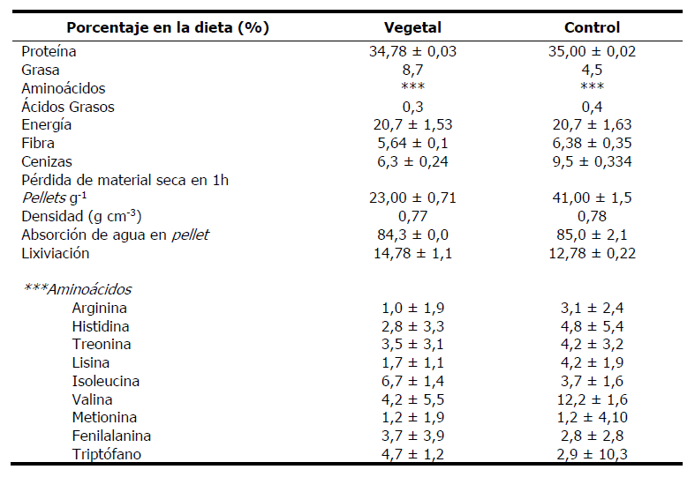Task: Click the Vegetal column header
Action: [412, 27]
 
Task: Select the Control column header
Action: [591, 27]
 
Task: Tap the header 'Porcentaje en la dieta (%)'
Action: [168, 27]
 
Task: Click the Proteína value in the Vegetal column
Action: [412, 52]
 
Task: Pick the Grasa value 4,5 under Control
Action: [591, 71]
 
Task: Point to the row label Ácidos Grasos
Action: [68, 107]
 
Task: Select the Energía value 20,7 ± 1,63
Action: [591, 125]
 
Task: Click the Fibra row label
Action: [38, 144]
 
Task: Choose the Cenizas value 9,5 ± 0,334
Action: [591, 162]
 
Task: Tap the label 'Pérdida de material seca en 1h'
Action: [125, 181]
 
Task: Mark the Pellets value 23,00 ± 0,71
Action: [412, 198]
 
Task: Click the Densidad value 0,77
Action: [412, 217]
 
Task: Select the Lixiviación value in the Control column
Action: [591, 254]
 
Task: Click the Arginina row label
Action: [99, 309]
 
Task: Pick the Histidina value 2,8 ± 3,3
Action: [412, 326]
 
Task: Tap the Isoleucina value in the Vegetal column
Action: [412, 381]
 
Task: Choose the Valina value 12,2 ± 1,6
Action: [591, 399]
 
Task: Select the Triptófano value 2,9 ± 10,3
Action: [591, 454]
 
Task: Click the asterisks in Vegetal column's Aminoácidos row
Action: [412, 89]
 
